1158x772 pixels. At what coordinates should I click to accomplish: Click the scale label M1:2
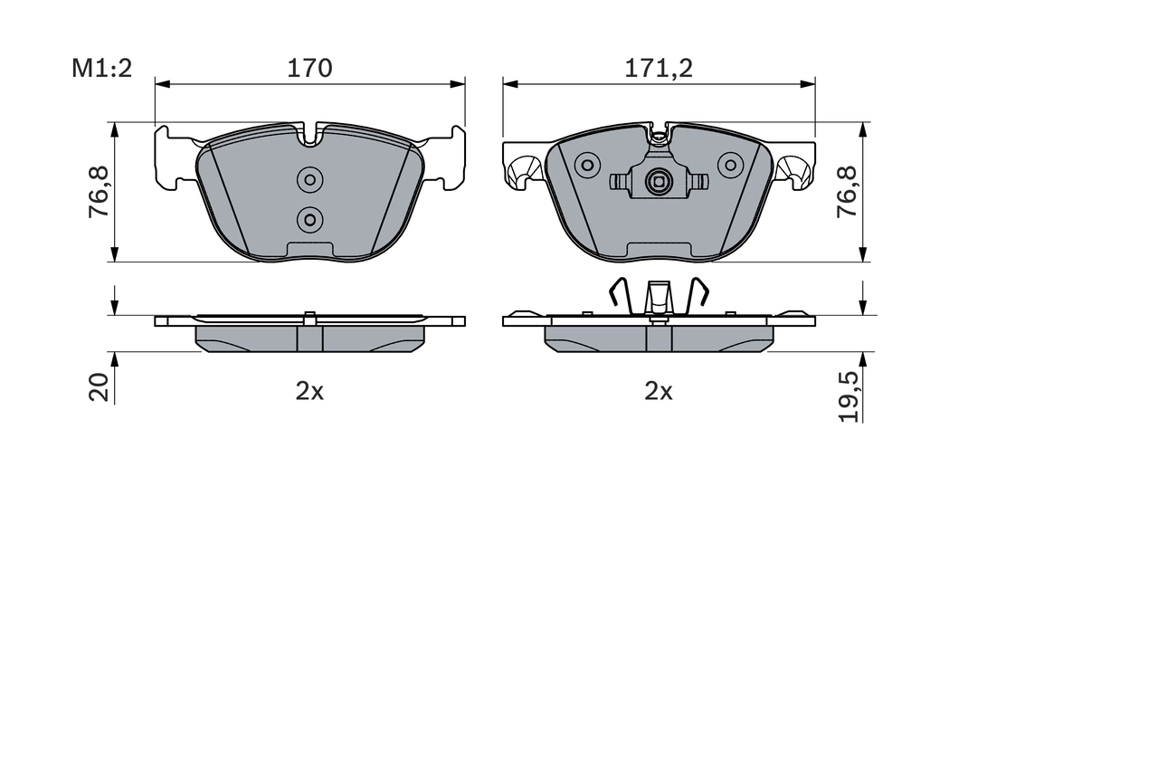(102, 68)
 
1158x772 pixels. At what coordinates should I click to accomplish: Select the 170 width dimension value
(309, 68)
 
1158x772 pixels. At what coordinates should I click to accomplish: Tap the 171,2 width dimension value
(659, 68)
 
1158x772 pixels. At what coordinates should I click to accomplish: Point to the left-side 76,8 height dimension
(99, 192)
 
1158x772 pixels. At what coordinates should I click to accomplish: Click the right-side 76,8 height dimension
(847, 192)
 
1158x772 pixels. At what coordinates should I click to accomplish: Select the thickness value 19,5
(848, 395)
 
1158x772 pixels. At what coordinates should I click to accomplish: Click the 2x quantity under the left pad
(309, 391)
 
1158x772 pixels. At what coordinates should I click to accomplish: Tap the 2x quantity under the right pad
(659, 391)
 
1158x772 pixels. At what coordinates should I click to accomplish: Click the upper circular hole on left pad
(310, 180)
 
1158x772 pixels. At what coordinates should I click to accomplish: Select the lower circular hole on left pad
(310, 218)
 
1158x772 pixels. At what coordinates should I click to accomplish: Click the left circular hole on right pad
(588, 165)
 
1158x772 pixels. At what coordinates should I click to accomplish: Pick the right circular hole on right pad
(729, 165)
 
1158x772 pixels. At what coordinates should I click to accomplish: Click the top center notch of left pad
(310, 137)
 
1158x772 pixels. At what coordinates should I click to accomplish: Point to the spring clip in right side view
(659, 296)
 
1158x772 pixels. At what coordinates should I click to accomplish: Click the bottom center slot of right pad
(659, 249)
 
